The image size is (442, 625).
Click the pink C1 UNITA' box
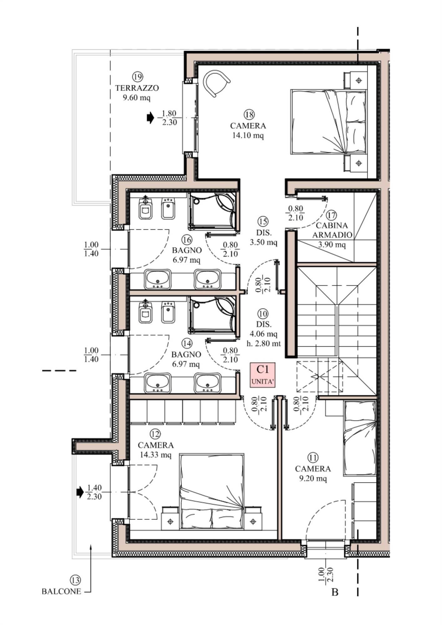click(263, 375)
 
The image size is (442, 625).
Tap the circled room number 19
click(138, 77)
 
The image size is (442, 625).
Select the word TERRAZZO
click(137, 88)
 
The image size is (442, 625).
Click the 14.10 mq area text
click(248, 136)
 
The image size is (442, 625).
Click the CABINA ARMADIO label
click(332, 230)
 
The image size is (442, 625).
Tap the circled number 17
click(331, 215)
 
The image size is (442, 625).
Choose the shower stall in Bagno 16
click(213, 211)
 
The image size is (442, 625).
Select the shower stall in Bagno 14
click(213, 316)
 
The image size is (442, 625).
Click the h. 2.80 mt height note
click(264, 344)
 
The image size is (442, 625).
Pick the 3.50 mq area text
click(263, 242)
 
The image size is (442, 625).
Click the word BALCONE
click(62, 591)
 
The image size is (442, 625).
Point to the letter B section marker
click(335, 592)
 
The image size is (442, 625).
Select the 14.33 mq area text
click(155, 455)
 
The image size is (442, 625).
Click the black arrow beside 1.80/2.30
click(150, 118)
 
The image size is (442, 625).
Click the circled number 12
click(155, 434)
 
